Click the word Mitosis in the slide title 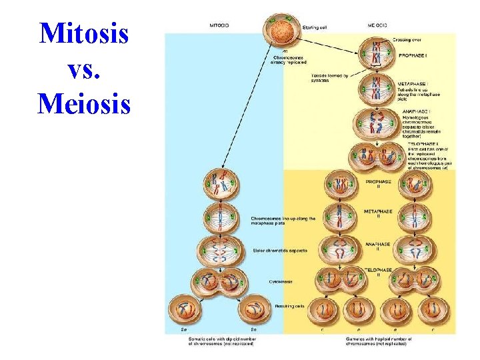coord(83,33)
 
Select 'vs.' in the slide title coord(83,68)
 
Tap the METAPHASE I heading coord(417,84)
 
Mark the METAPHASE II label coord(379,213)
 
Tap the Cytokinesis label coord(263,281)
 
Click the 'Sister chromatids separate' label coord(279,250)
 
